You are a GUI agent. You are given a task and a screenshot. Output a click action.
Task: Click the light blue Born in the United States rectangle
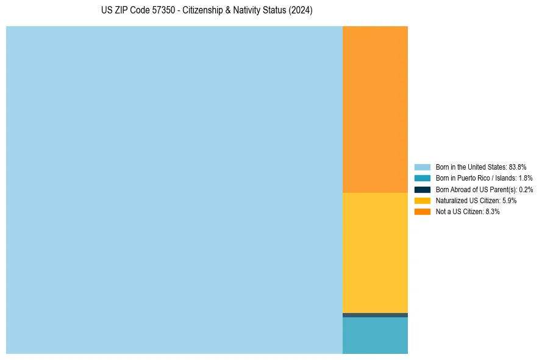point(174,190)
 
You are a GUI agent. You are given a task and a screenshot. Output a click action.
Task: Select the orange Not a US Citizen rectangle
point(375,109)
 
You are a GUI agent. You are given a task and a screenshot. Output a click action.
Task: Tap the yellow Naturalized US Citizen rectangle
point(375,253)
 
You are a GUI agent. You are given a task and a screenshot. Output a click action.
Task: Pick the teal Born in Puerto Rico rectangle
point(375,336)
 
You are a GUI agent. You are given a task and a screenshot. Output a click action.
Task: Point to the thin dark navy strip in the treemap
point(375,315)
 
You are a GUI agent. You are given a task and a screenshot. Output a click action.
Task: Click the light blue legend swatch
point(423,167)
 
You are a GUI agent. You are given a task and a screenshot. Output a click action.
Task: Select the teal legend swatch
point(423,178)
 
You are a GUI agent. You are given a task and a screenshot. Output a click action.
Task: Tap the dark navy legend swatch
point(423,189)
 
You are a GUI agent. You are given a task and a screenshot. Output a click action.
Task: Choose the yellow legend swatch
point(423,200)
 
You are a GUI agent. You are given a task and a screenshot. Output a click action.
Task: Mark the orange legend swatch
point(423,212)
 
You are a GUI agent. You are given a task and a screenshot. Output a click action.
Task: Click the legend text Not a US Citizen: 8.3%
point(468,212)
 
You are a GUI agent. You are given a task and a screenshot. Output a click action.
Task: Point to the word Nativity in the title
point(248,11)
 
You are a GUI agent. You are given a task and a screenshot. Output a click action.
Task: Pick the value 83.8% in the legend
point(518,167)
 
